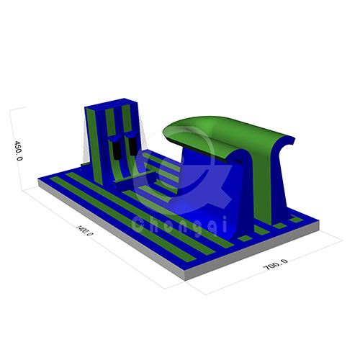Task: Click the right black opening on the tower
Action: (x=130, y=143)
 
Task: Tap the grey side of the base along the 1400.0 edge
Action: (x=108, y=230)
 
